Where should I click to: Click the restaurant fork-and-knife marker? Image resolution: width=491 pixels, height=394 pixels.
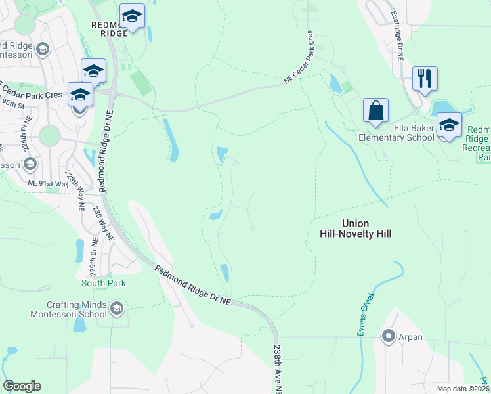pos(425,78)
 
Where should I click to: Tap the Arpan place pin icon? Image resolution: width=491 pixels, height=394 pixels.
pos(388,337)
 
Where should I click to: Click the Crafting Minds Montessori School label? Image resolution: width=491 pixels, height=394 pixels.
pos(68,309)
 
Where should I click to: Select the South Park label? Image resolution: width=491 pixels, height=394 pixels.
pos(104,284)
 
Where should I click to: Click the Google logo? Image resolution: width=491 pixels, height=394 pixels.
pos(22,386)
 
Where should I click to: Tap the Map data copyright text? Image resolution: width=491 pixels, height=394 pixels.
pos(462,389)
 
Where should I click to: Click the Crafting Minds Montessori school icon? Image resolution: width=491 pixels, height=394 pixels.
pos(117,309)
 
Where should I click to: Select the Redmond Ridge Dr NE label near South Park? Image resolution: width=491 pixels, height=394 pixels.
pos(193,284)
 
